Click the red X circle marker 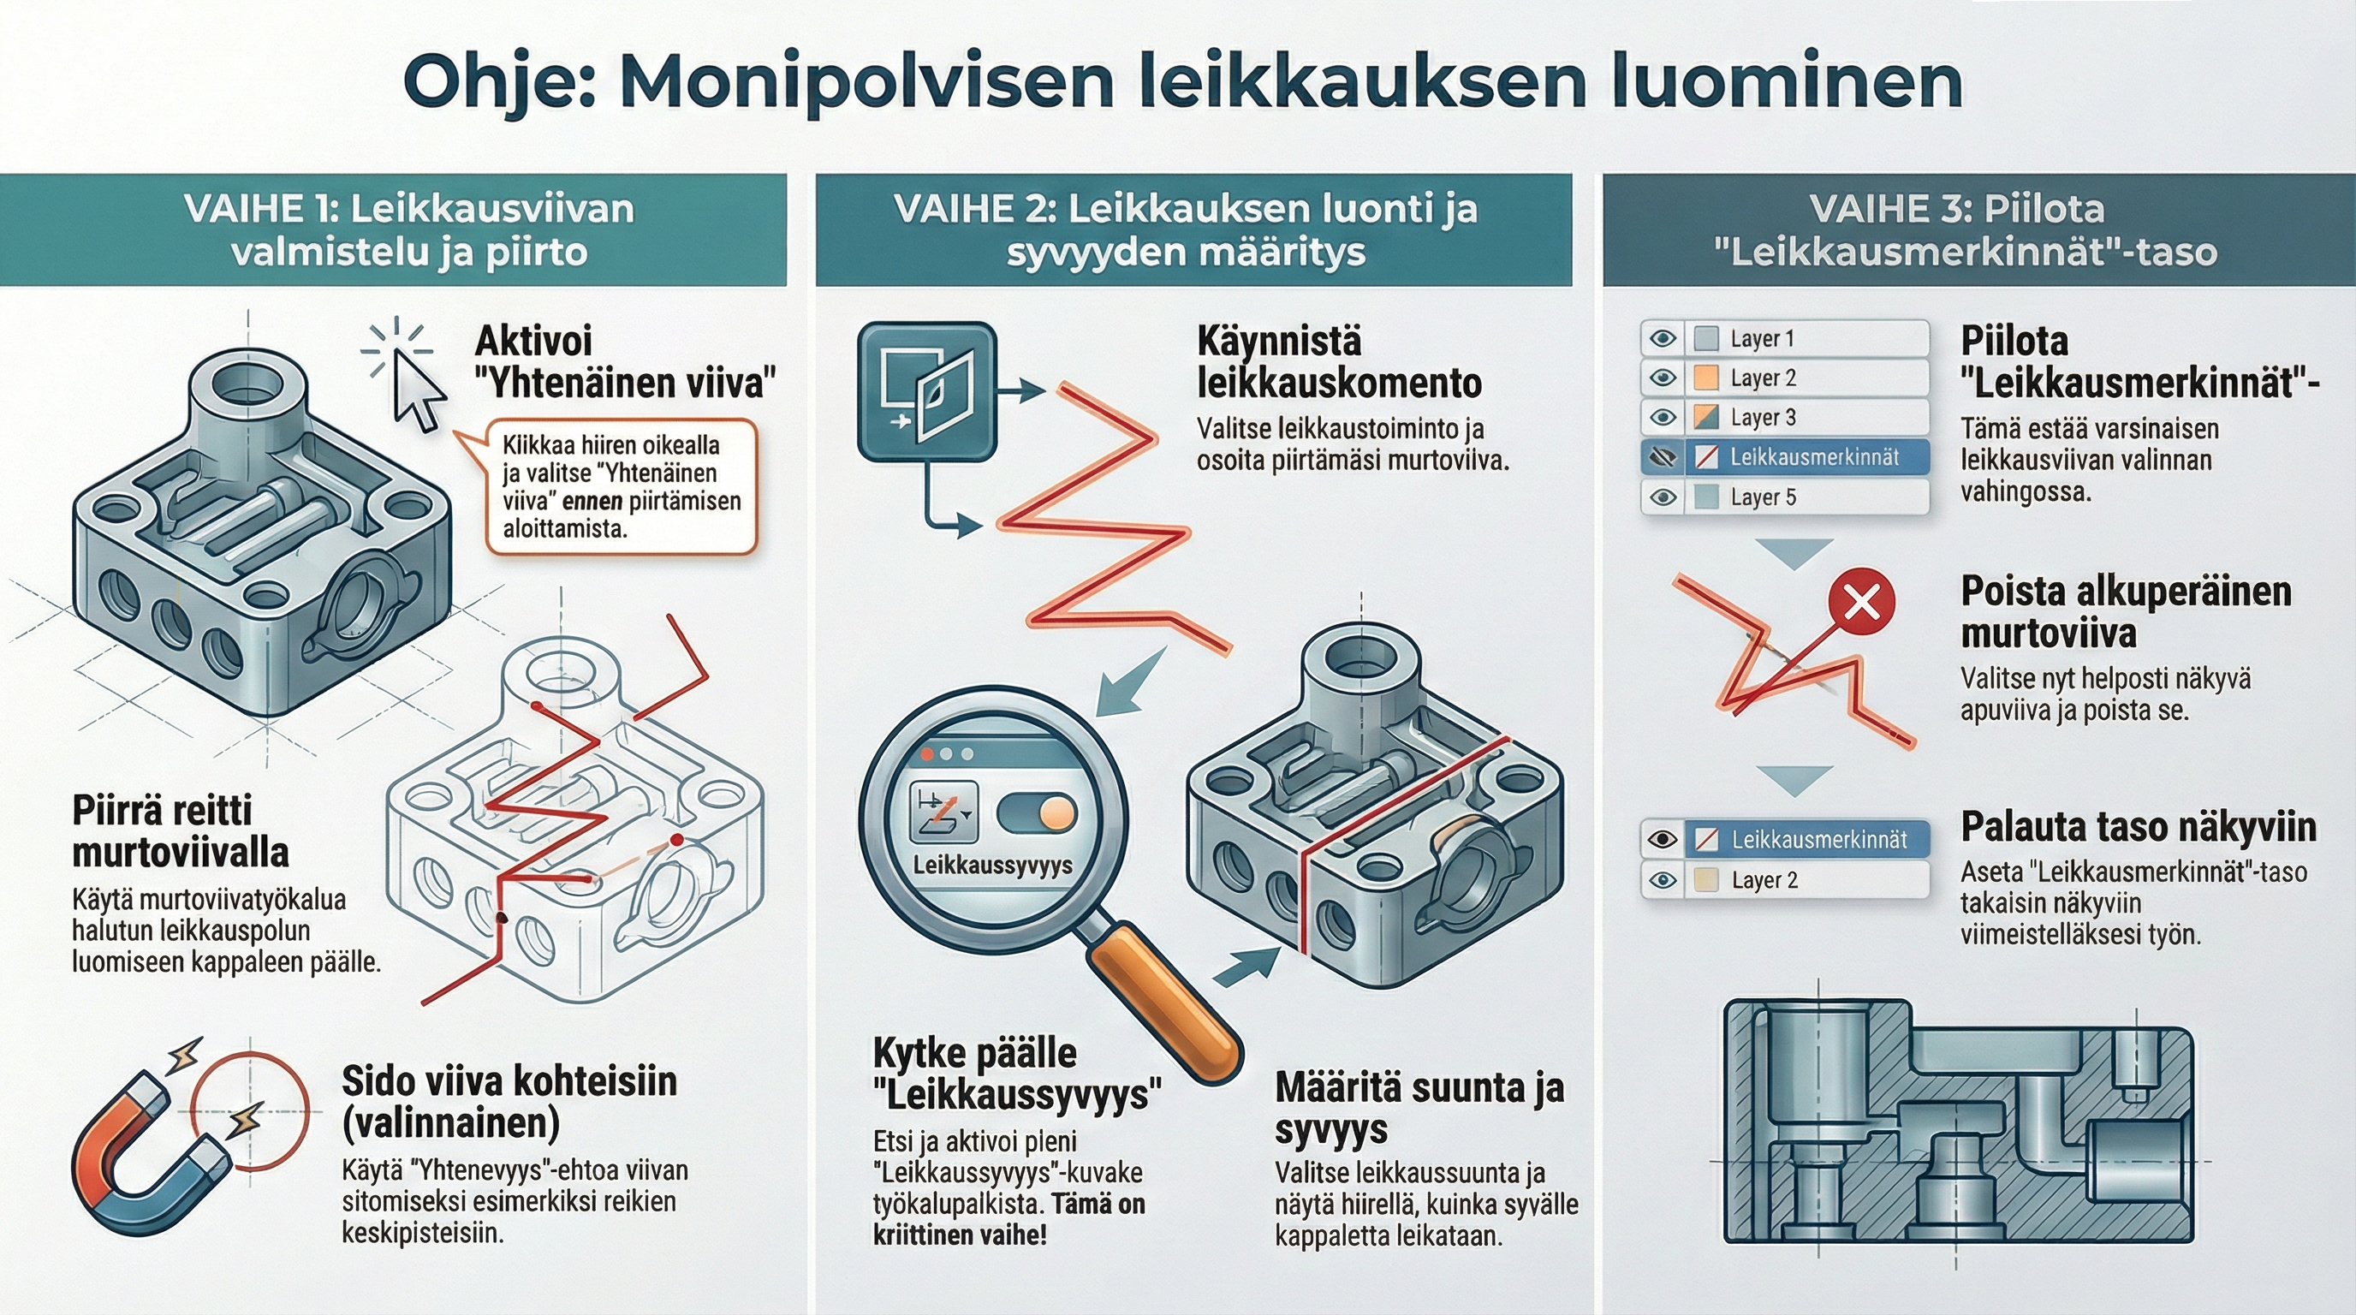(1861, 602)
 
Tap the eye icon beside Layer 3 (1662, 418)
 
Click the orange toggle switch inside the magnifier (1036, 813)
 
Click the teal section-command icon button (925, 390)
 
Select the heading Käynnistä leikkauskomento (1338, 362)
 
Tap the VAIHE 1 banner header (393, 230)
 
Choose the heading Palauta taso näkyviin (2138, 827)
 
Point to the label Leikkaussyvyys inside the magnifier (992, 865)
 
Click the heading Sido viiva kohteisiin (509, 1101)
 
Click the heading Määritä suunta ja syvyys (1419, 1109)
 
